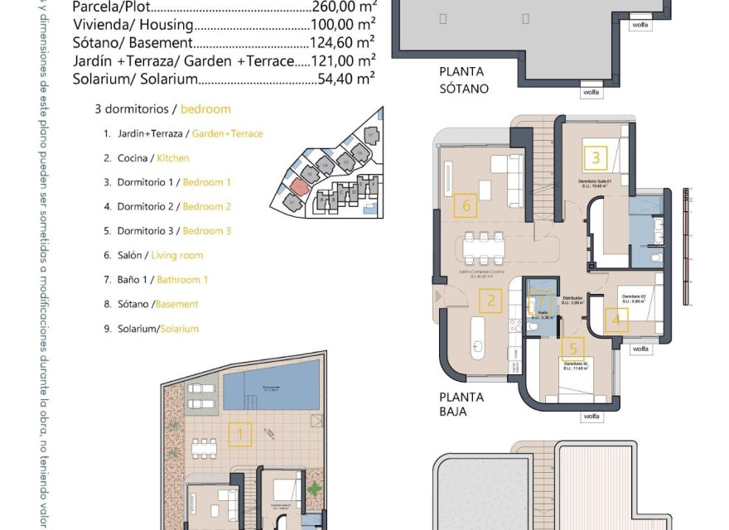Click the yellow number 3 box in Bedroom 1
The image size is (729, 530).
point(596,157)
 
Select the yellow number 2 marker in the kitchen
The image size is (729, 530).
point(491,301)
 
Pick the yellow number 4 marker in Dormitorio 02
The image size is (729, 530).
point(616,320)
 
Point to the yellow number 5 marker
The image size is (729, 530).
point(573,349)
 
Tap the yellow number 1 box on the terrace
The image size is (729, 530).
point(240,435)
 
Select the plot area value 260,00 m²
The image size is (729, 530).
point(341,7)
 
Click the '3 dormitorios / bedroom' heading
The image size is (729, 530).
point(163,109)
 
